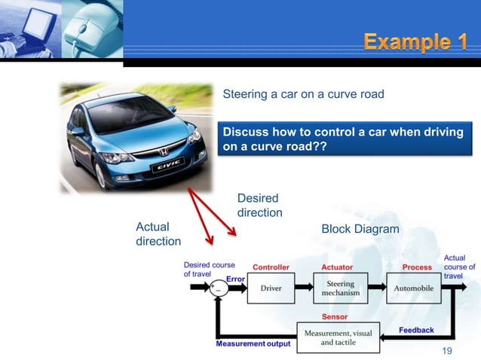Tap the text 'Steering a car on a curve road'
point(303,94)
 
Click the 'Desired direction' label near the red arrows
point(259,205)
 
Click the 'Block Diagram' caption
point(360,228)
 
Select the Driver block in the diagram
point(271,288)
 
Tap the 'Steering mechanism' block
point(340,288)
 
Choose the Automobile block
point(412,288)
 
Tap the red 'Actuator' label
point(337,267)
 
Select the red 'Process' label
point(417,267)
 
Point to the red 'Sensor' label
point(335,317)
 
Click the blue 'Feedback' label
point(416,330)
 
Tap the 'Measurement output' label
point(253,344)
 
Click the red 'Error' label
point(235,279)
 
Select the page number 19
point(448,351)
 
